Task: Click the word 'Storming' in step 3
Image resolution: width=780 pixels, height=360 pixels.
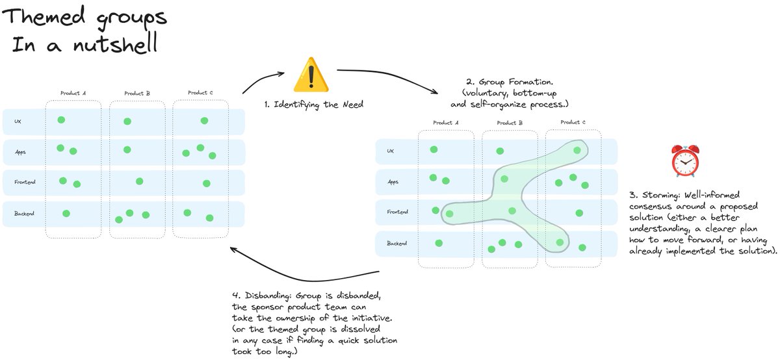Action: pyautogui.click(x=662, y=194)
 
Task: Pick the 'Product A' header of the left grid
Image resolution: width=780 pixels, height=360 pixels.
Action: pyautogui.click(x=73, y=93)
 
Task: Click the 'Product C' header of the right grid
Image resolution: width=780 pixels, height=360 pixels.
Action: pyautogui.click(x=573, y=122)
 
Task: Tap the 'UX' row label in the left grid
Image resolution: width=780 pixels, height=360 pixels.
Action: pyautogui.click(x=18, y=122)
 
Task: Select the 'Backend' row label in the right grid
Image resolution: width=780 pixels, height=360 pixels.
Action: pyautogui.click(x=396, y=244)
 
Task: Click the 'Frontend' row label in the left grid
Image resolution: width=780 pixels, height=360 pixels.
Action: pyautogui.click(x=23, y=182)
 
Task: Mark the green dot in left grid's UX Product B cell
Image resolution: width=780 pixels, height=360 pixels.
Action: pyautogui.click(x=127, y=122)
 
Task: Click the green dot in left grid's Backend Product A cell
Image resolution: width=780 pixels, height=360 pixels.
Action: pyautogui.click(x=66, y=213)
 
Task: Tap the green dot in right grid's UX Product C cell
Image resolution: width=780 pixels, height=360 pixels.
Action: pyautogui.click(x=577, y=150)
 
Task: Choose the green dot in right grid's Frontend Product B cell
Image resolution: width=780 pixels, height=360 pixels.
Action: pyautogui.click(x=512, y=210)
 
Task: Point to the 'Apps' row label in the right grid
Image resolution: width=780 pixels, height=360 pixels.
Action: pyautogui.click(x=393, y=183)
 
